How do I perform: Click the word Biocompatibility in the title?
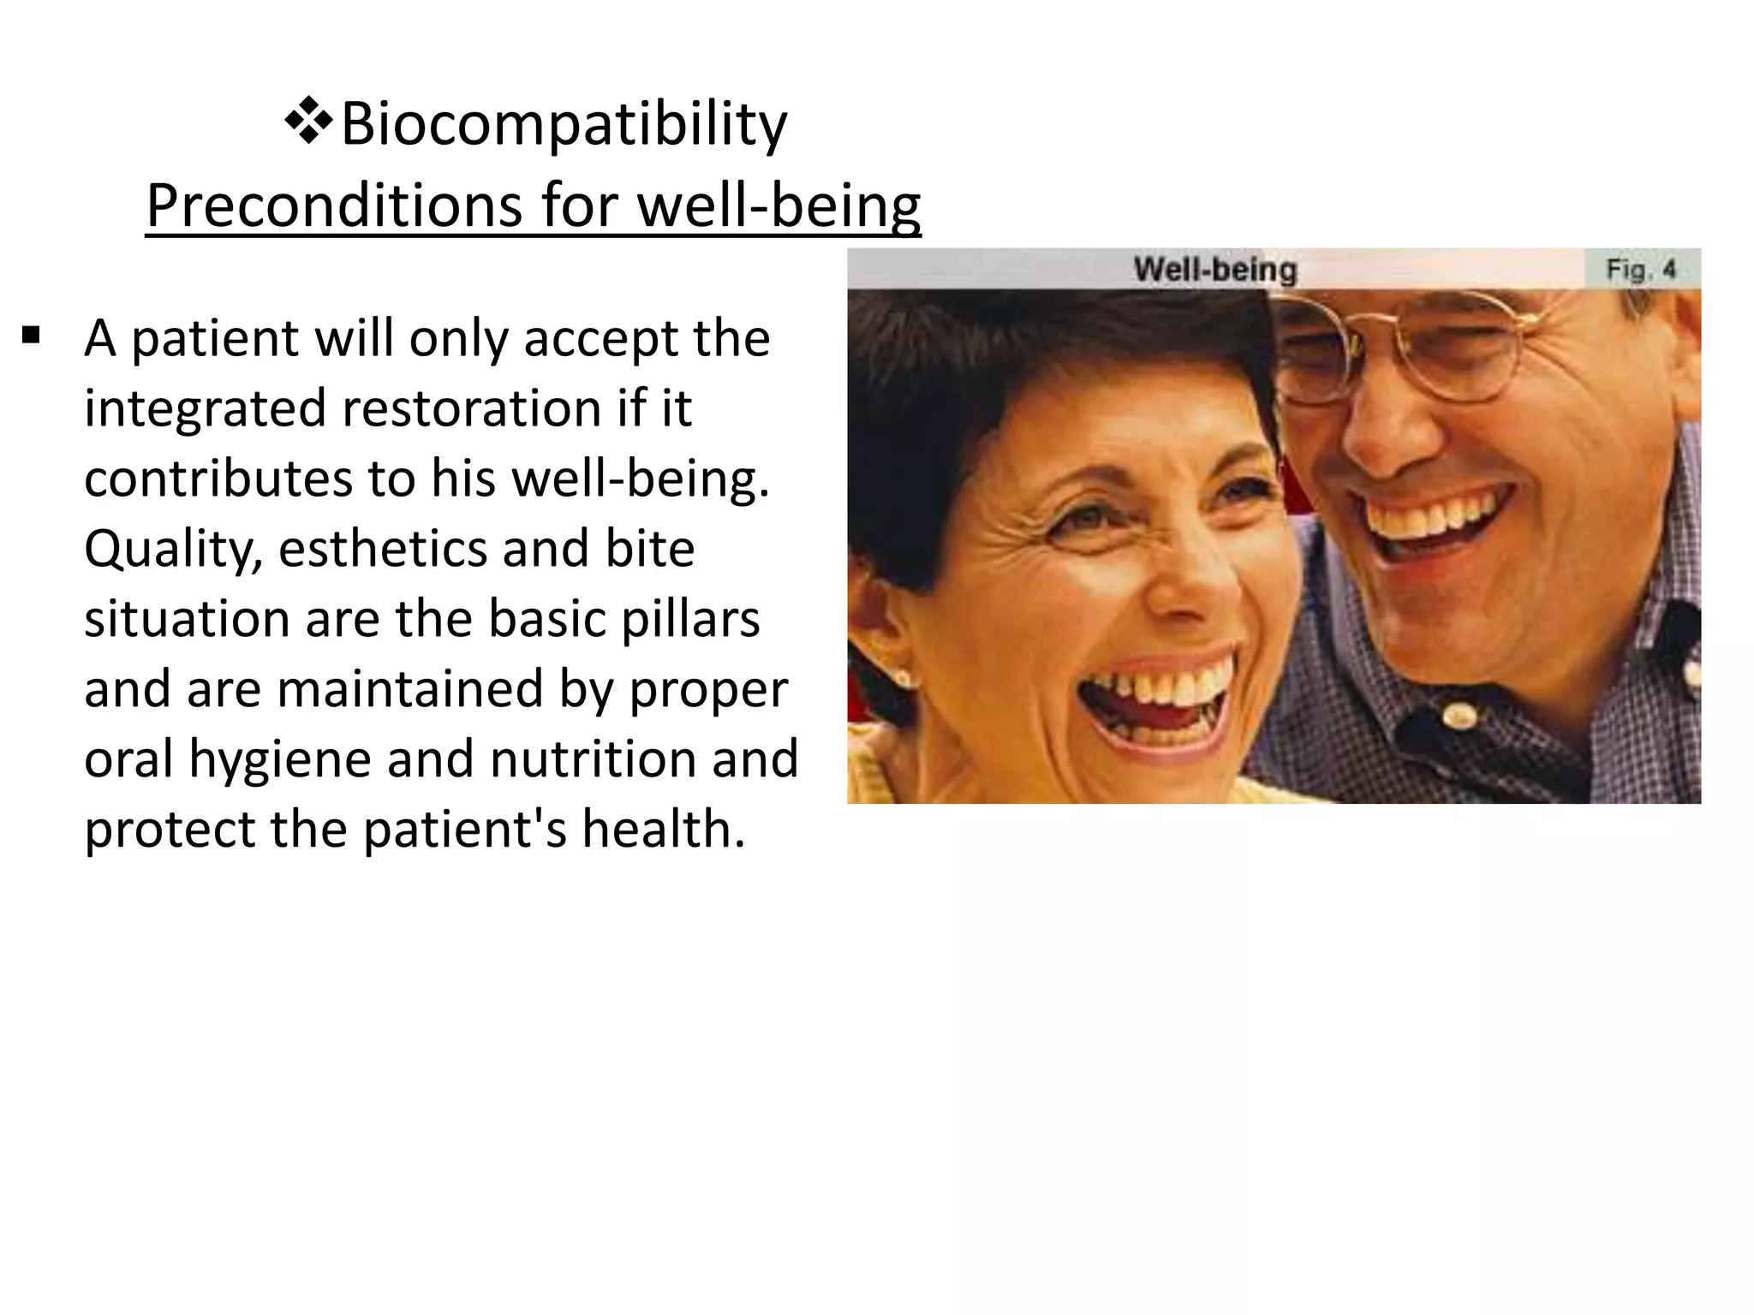click(x=564, y=125)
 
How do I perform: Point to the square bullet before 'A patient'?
click(x=32, y=335)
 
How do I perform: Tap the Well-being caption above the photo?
click(x=1214, y=270)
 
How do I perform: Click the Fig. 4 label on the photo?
click(x=1640, y=270)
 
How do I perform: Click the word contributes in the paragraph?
click(x=218, y=479)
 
